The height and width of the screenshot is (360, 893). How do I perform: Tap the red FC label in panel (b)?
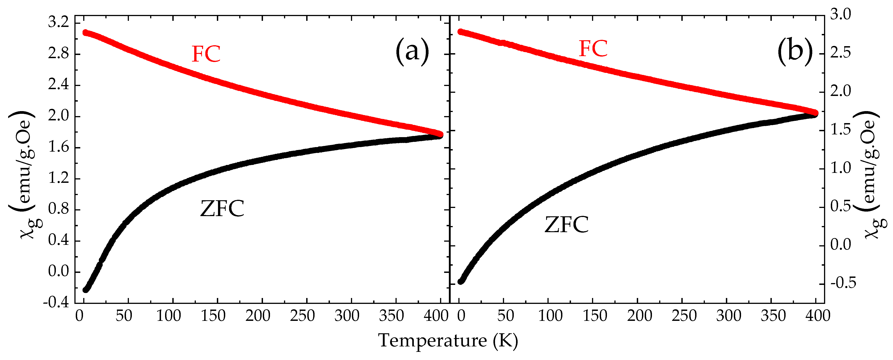(593, 49)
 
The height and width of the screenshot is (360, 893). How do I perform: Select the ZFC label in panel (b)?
(566, 224)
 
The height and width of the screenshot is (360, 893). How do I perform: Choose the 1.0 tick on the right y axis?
(840, 168)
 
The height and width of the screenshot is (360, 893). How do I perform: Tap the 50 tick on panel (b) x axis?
(505, 316)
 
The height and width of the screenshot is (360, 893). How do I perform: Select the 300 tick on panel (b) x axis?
(728, 316)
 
